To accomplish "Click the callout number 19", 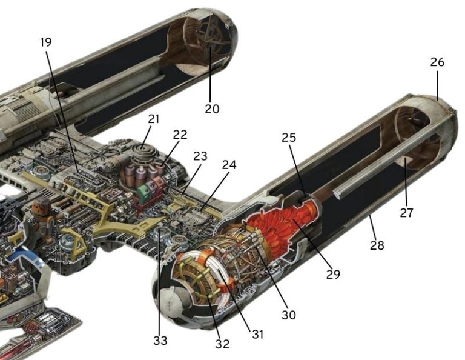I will coord(45,42).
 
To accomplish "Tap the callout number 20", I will coord(211,109).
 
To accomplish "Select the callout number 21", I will coord(154,119).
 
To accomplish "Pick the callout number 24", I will coord(229,164).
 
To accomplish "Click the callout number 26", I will coord(437,62).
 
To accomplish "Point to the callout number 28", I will coord(378,245).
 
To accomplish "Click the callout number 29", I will coord(332,274).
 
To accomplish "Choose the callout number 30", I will coord(288,315).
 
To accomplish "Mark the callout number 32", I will coord(222,344).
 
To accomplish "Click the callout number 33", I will coord(160,340).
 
